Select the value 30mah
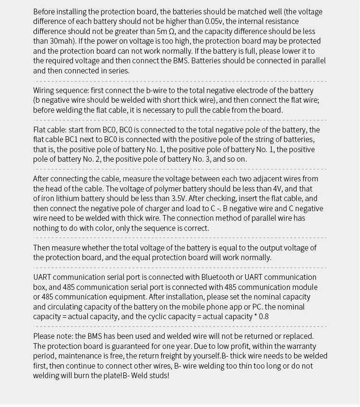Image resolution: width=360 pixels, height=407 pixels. tap(59, 41)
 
